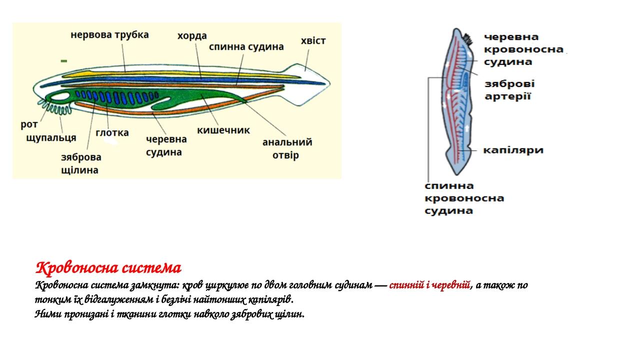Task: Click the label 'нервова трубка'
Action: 109,35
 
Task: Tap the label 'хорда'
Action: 192,36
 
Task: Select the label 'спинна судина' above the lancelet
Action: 246,47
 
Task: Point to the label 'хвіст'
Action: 313,41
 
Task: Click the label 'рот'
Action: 29,124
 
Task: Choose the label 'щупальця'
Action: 51,137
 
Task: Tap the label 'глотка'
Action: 112,132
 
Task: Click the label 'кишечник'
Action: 223,130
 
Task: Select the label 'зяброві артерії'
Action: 509,90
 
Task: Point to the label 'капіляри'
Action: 513,150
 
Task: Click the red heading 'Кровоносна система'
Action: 108,268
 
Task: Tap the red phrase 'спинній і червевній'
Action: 429,285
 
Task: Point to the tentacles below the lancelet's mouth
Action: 56,107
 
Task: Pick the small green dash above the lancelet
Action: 64,61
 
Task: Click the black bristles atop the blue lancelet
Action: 468,39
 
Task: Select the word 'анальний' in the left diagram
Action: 287,142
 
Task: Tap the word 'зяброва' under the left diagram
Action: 81,157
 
